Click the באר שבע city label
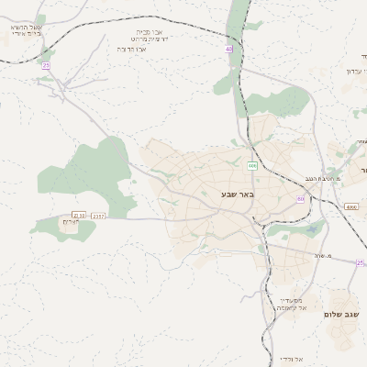237,195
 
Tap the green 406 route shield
251,165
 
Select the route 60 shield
300,199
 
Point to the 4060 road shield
351,207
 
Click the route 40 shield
228,49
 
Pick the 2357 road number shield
99,216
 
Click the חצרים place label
72,223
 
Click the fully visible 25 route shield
46,65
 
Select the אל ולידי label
290,358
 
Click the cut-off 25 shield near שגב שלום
361,262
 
